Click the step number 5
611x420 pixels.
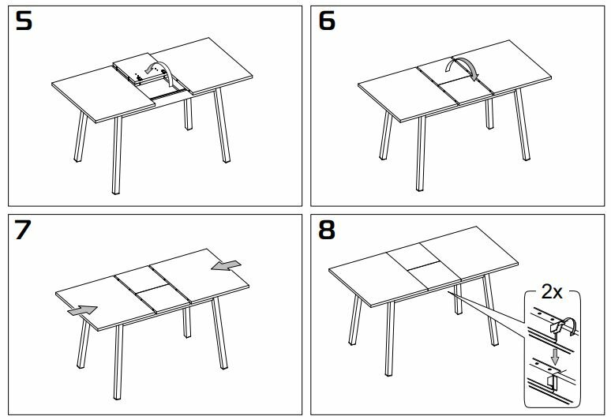pos(24,21)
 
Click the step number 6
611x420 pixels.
pos(328,21)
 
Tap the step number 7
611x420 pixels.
pos(24,231)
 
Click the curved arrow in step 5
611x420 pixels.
pos(161,69)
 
